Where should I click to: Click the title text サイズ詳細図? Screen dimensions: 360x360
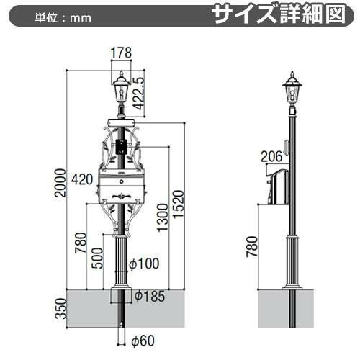279,15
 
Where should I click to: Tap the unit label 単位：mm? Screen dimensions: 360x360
63,18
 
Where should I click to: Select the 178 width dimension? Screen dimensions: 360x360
121,53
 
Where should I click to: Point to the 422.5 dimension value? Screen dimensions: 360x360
139,94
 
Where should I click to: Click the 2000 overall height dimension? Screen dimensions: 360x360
60,183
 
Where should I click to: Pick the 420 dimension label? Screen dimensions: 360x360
82,179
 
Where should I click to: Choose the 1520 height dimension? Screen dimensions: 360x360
179,204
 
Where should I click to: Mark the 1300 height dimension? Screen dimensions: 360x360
163,217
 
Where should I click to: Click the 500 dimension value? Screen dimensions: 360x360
97,258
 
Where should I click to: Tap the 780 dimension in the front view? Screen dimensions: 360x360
81,243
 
